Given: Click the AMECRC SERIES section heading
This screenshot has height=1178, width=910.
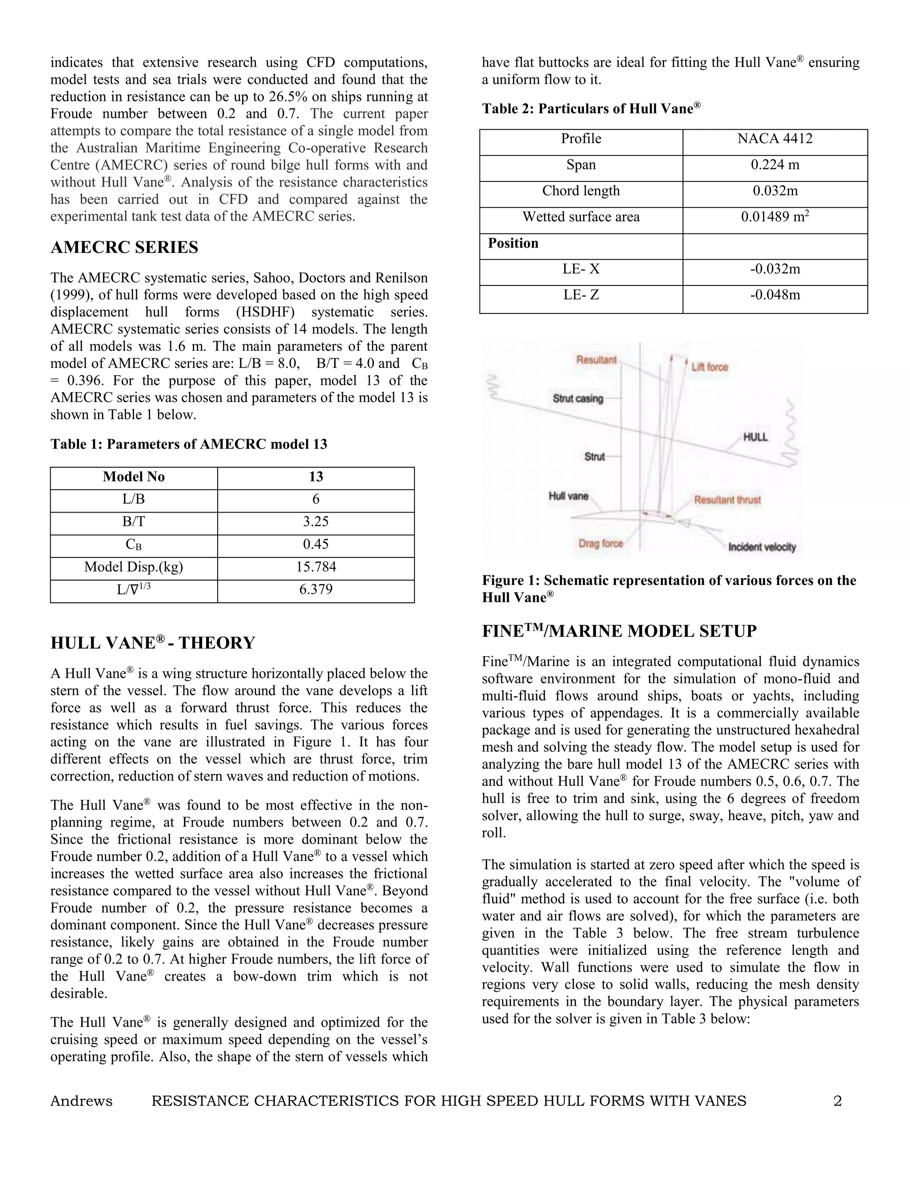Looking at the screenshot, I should tap(124, 248).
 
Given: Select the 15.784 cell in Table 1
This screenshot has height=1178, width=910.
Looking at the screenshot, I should tap(316, 567).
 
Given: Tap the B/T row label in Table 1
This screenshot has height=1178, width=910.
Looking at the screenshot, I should tap(134, 521).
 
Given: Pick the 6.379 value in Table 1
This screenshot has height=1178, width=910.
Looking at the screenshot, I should tap(316, 589).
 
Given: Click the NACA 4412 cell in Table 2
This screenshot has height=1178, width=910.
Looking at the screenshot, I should tap(774, 139).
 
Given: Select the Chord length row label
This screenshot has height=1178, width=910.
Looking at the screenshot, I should tap(581, 191).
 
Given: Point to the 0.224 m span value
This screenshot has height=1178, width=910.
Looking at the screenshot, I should tap(774, 165).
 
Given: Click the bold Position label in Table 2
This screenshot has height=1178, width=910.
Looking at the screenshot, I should tap(513, 243).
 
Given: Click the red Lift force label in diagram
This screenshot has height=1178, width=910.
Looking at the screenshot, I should tap(710, 367).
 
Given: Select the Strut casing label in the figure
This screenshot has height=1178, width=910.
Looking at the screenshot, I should tap(578, 399).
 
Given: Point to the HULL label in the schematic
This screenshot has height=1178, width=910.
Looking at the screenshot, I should tap(755, 437).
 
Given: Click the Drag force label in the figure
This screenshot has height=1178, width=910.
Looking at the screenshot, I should tap(601, 543).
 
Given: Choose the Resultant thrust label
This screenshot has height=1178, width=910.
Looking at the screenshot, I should tap(727, 500).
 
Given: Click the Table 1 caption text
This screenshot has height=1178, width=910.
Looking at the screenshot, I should tap(189, 445).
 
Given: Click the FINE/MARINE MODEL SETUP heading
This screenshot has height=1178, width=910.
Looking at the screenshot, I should tap(619, 632).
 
